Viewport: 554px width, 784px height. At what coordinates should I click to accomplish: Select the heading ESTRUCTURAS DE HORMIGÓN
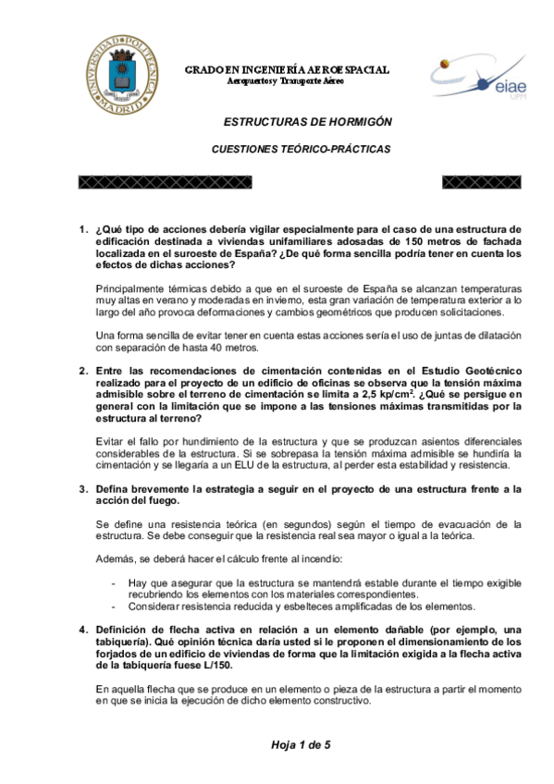308,121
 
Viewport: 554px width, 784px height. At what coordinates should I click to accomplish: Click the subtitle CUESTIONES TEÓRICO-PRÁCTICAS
301,149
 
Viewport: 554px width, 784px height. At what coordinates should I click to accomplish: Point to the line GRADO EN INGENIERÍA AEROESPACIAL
287,70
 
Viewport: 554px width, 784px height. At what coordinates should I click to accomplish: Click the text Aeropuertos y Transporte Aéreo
286,82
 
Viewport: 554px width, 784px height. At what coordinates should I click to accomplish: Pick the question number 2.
81,370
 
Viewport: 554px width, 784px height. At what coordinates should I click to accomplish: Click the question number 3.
81,487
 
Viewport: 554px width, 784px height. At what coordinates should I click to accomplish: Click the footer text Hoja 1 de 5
301,744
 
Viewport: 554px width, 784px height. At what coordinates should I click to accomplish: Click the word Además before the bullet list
117,559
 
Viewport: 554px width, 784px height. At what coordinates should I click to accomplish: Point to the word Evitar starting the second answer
113,441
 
